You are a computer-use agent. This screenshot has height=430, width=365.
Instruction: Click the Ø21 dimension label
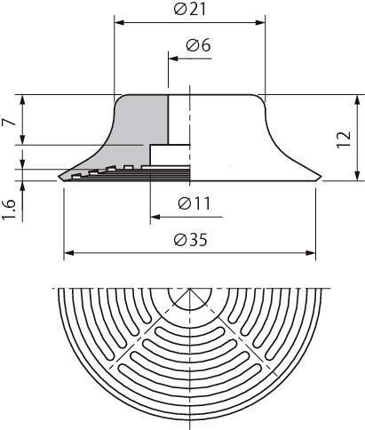(190, 10)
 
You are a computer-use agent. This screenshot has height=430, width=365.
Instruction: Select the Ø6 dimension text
(198, 45)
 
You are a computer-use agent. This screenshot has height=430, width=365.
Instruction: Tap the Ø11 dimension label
(194, 203)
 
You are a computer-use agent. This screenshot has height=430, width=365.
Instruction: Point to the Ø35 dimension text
(191, 239)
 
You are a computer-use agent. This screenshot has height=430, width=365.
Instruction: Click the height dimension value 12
(345, 139)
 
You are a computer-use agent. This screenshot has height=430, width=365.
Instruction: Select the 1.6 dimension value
(8, 210)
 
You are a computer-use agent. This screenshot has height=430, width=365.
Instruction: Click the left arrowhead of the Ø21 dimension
(119, 22)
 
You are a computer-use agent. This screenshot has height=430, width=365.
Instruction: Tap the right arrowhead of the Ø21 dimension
(260, 22)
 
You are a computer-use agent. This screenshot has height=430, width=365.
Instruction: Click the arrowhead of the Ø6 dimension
(173, 59)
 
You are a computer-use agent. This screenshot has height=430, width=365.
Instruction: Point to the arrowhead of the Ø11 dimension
(155, 217)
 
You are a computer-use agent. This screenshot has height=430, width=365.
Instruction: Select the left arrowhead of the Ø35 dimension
(69, 253)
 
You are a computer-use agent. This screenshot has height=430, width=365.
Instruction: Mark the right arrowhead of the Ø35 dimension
(311, 253)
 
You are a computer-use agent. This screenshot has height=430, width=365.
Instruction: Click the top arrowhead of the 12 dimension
(358, 100)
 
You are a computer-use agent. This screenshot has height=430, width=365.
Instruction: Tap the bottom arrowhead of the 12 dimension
(358, 176)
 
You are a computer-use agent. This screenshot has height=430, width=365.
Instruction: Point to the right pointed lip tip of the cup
(321, 176)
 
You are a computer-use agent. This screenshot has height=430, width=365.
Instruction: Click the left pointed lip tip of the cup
(59, 177)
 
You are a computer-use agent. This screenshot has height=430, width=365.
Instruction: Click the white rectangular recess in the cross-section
(170, 155)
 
